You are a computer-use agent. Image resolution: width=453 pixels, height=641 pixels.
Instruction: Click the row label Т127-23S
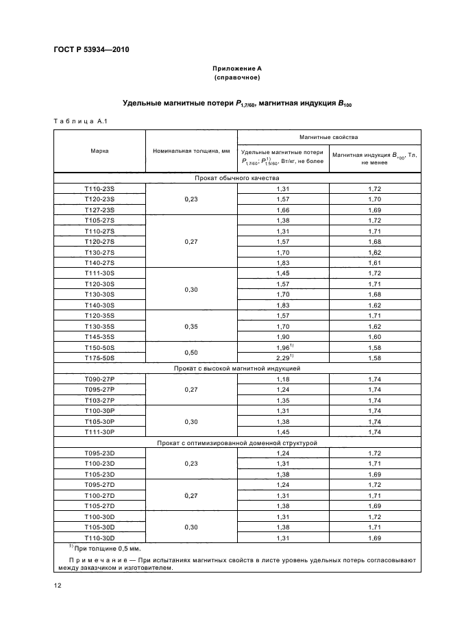click(99, 210)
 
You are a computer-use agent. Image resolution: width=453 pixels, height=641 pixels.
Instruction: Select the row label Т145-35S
click(99, 337)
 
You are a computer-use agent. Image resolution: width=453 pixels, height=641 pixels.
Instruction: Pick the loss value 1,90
click(282, 337)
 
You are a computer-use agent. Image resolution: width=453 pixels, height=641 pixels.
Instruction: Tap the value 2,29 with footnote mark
click(282, 357)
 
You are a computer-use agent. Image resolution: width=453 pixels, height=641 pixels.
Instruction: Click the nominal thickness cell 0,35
click(190, 327)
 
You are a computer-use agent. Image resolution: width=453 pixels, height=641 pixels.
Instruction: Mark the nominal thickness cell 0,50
click(190, 353)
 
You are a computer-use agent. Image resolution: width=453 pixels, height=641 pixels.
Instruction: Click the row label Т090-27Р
click(99, 379)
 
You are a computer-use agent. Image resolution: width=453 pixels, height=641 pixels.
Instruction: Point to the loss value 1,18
click(282, 379)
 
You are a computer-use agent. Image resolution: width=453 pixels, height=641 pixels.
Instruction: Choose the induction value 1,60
click(374, 337)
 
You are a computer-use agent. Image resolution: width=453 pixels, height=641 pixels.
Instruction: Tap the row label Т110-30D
click(99, 538)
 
